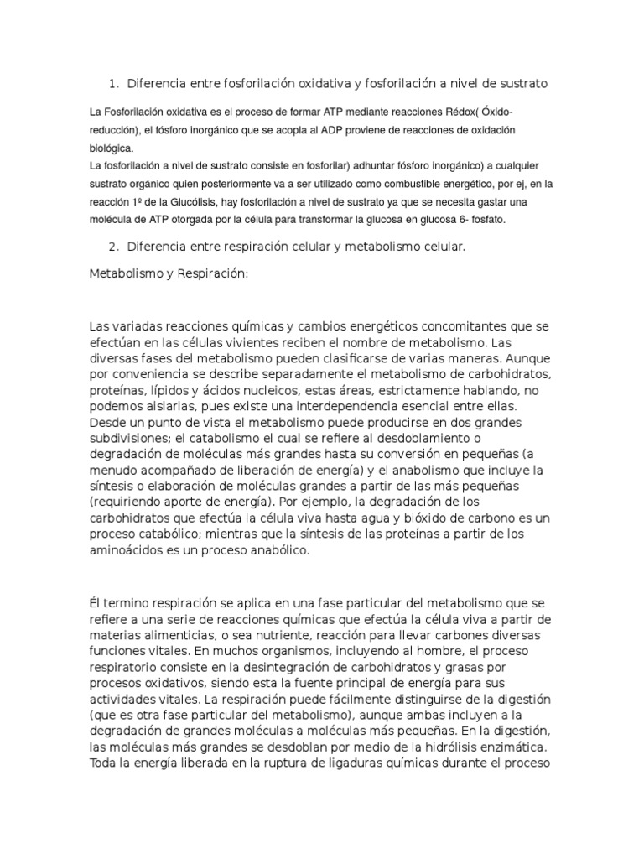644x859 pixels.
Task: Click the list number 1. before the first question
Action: pos(114,83)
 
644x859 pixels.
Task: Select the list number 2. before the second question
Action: pos(114,247)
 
